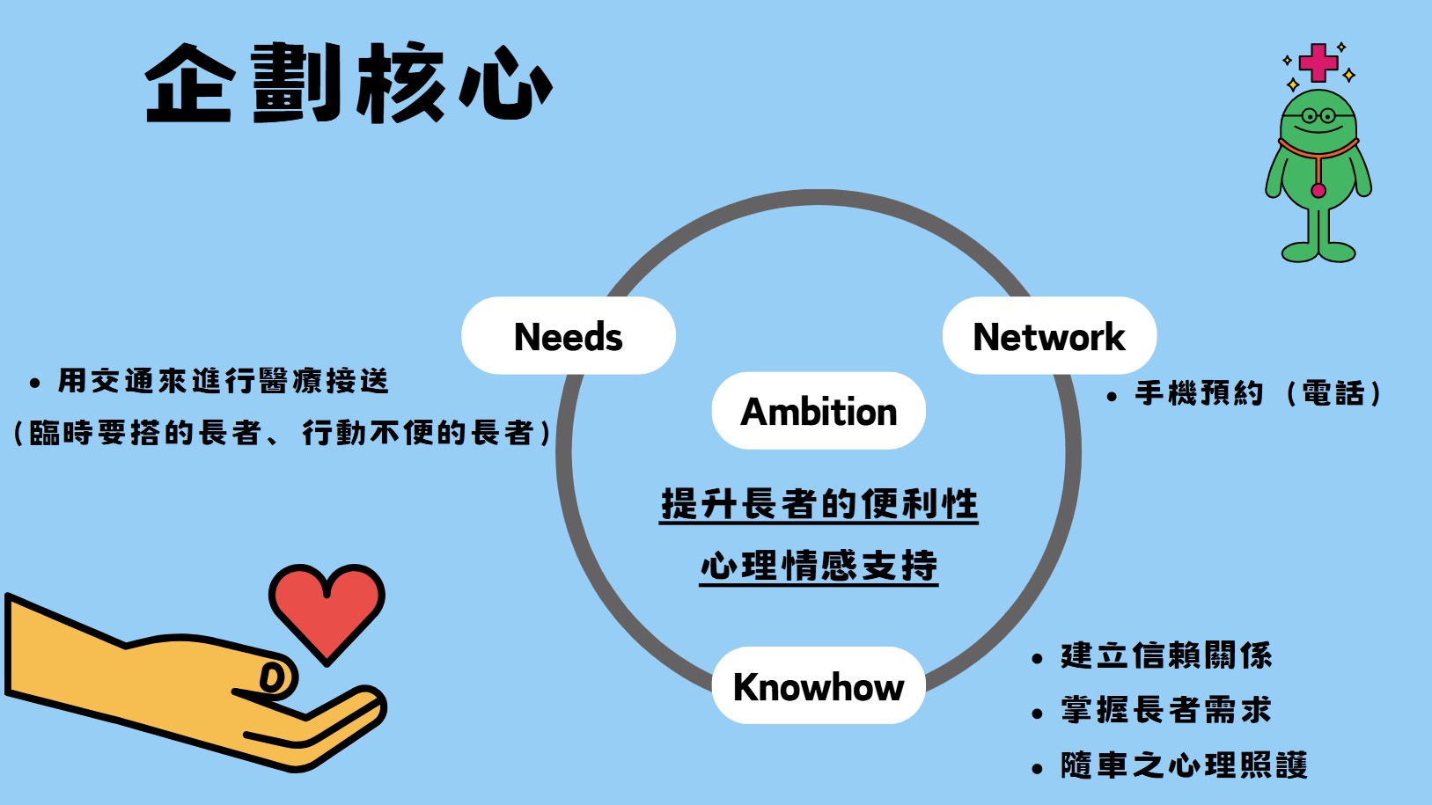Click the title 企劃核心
click(x=349, y=83)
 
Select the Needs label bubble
click(x=569, y=335)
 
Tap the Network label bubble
click(x=1049, y=335)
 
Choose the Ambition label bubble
click(x=819, y=411)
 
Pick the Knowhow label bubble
click(x=819, y=685)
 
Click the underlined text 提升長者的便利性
click(x=819, y=505)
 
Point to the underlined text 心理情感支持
click(x=819, y=566)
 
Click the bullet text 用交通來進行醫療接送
click(x=223, y=382)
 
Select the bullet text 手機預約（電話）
click(x=1258, y=393)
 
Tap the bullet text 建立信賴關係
click(x=1167, y=655)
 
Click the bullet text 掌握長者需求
click(x=1167, y=710)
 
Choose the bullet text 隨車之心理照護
click(x=1184, y=765)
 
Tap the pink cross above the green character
click(x=1318, y=62)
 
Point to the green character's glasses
click(x=1318, y=116)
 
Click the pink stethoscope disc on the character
click(x=1318, y=190)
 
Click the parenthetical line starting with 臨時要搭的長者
click(x=282, y=433)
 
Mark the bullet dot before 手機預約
click(x=1112, y=396)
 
